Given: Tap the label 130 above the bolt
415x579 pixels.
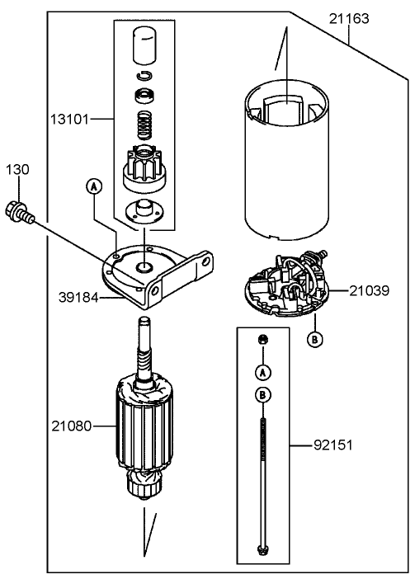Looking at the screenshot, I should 18,169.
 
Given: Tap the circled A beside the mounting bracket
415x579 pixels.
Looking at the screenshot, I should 94,187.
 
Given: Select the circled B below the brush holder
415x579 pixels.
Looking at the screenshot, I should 314,338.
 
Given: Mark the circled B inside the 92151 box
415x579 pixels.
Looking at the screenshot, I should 262,396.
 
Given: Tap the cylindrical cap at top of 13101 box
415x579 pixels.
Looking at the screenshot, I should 145,45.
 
